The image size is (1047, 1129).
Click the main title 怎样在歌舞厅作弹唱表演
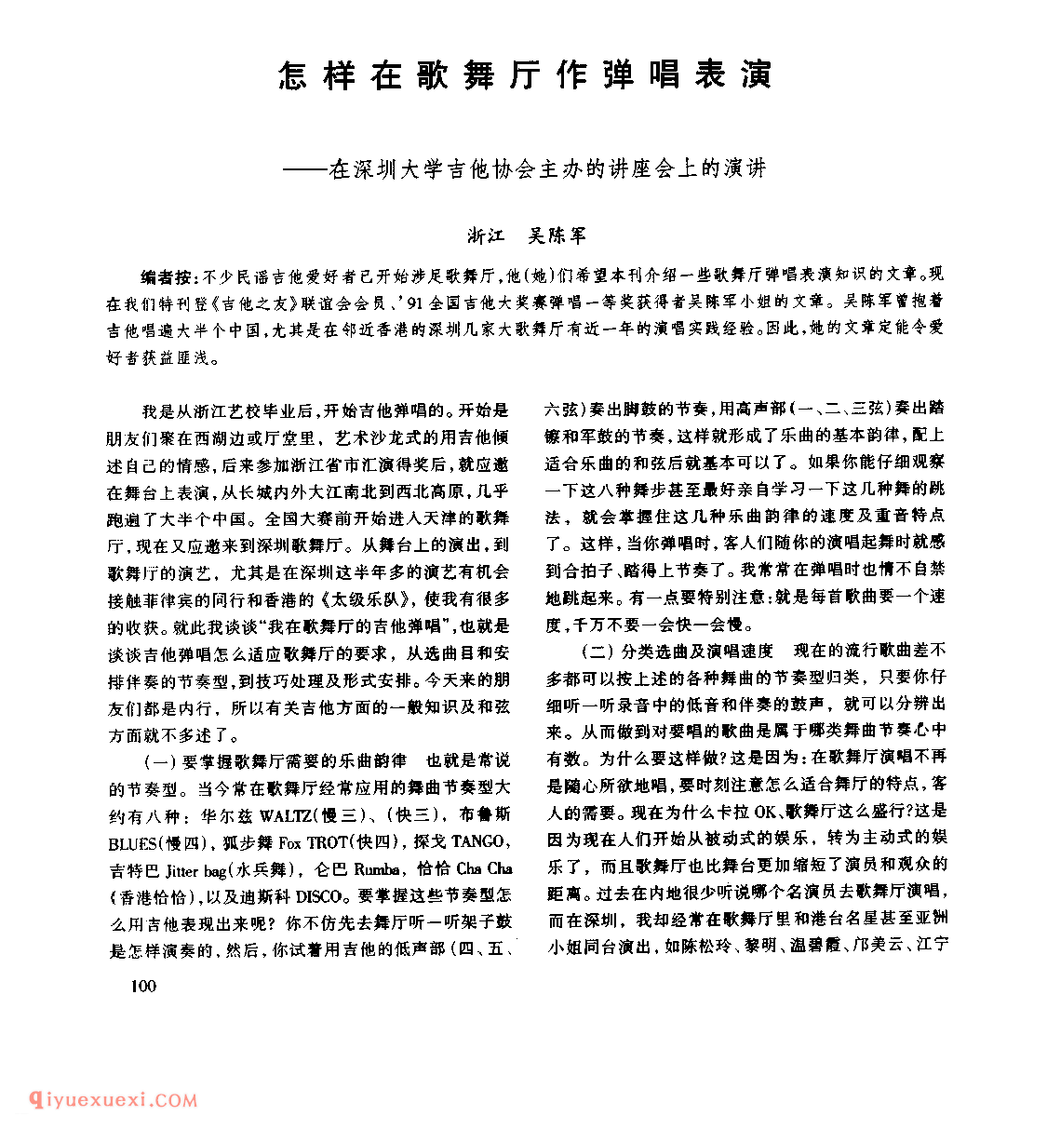click(x=526, y=74)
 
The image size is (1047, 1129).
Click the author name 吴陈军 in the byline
click(x=557, y=236)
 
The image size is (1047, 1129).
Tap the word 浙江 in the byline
click(x=487, y=236)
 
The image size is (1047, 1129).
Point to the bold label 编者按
click(x=167, y=276)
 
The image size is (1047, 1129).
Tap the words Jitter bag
click(x=195, y=870)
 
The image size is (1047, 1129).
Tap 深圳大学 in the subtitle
click(x=403, y=169)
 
